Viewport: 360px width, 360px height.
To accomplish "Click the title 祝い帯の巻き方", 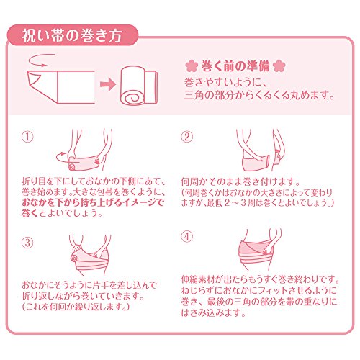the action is pyautogui.click(x=72, y=36).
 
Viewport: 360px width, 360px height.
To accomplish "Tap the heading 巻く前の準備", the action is pyautogui.click(x=235, y=66).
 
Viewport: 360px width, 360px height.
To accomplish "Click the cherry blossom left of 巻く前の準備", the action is pyautogui.click(x=192, y=66).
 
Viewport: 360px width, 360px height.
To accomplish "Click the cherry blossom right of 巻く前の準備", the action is pyautogui.click(x=279, y=66).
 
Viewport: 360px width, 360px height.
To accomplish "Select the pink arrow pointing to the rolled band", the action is pyautogui.click(x=108, y=84).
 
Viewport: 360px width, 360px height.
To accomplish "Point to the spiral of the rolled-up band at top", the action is pyautogui.click(x=132, y=98).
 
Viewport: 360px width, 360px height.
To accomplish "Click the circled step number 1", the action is pyautogui.click(x=27, y=137).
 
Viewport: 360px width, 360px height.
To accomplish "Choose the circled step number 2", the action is pyautogui.click(x=186, y=137).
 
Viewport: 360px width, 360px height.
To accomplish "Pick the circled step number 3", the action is pyautogui.click(x=27, y=243).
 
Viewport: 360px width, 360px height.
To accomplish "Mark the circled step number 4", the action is pyautogui.click(x=186, y=237).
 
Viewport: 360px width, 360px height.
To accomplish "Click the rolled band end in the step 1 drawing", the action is pyautogui.click(x=72, y=166).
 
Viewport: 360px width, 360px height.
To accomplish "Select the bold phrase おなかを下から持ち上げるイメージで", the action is pyautogui.click(x=93, y=202).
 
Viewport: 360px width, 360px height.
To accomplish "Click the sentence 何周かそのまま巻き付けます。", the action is pyautogui.click(x=240, y=181).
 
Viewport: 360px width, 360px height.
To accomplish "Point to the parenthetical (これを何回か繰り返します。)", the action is pyautogui.click(x=76, y=307).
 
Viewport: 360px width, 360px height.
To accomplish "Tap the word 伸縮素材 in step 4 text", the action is pyautogui.click(x=202, y=279).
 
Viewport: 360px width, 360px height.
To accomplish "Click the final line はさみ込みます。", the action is pyautogui.click(x=214, y=312).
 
